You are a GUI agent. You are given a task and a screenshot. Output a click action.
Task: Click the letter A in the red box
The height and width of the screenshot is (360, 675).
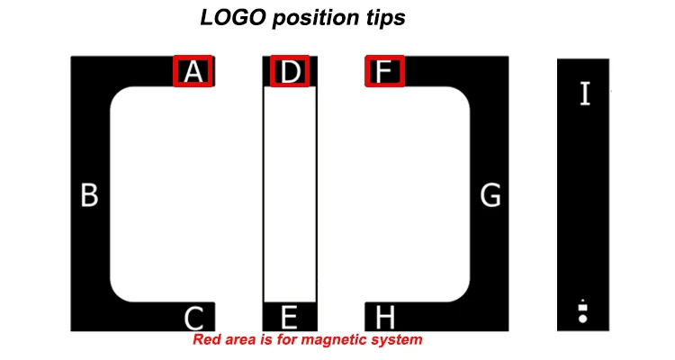(x=193, y=72)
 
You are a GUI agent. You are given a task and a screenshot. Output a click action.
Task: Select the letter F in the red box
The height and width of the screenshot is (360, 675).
(x=384, y=72)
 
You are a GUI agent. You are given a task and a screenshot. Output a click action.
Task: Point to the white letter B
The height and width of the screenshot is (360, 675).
(x=89, y=195)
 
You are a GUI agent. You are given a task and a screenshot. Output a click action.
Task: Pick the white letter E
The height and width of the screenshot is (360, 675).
(x=289, y=317)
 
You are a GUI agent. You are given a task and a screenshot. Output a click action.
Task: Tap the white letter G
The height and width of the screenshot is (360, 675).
(x=490, y=195)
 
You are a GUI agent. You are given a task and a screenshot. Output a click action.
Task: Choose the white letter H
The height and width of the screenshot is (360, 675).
(x=384, y=317)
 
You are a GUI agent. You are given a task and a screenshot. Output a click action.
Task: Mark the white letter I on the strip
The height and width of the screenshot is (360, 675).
(x=585, y=94)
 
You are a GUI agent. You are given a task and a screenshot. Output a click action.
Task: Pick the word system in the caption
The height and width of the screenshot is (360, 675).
(x=398, y=341)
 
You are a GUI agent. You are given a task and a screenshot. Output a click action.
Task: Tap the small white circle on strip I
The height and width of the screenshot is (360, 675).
(x=582, y=318)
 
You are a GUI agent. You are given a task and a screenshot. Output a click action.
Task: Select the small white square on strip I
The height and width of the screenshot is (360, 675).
(x=582, y=308)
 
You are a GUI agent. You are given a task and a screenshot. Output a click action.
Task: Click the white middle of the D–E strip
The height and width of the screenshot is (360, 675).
(x=289, y=193)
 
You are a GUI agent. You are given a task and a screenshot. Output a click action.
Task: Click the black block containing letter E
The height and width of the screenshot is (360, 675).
(x=289, y=317)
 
